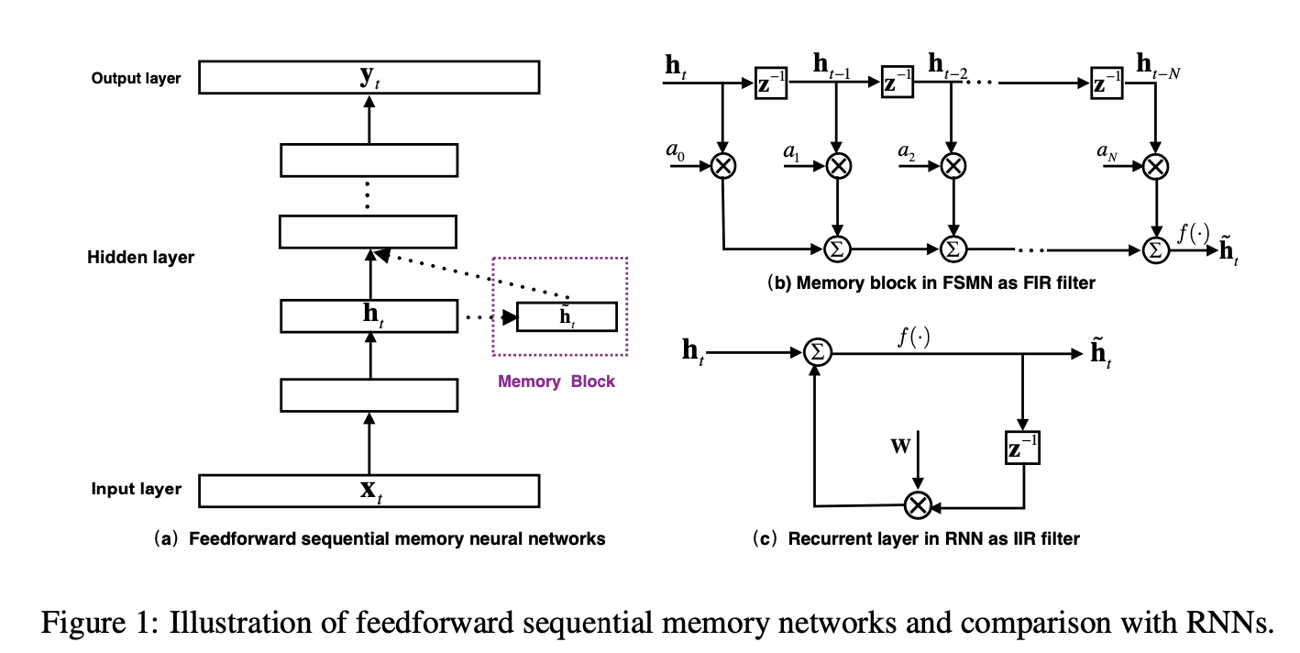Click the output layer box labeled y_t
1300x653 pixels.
(x=369, y=77)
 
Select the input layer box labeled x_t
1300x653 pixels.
(x=369, y=490)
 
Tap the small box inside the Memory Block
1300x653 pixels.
(x=567, y=316)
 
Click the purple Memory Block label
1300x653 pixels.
(x=556, y=382)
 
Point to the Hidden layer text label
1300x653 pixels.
(x=141, y=258)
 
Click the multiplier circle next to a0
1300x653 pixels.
(x=724, y=165)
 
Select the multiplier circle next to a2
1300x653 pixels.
(x=953, y=165)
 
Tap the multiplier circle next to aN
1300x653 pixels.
(x=1156, y=165)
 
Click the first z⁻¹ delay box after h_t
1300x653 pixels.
(x=768, y=83)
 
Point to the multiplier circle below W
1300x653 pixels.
(x=918, y=504)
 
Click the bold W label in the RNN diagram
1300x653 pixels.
(x=902, y=447)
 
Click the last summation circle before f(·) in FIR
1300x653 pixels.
(x=1156, y=249)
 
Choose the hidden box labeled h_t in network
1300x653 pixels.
(x=369, y=316)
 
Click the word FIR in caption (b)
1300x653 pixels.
(x=1021, y=283)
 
